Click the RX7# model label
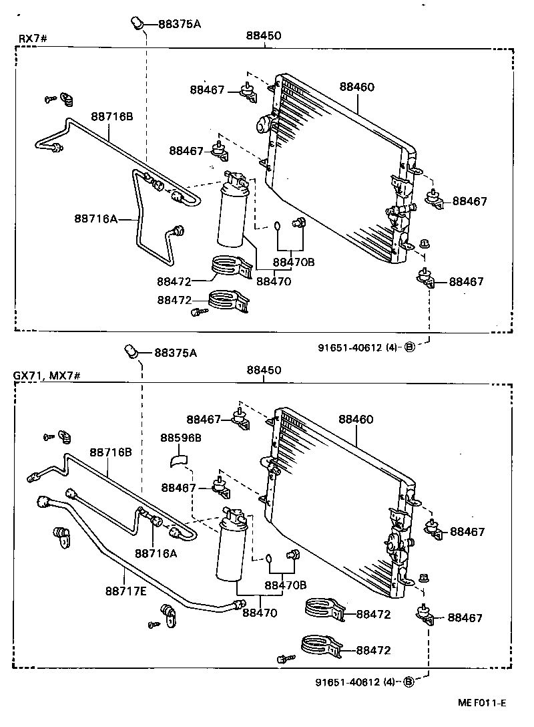[x=31, y=38]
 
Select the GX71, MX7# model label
[x=47, y=376]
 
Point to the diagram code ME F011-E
[x=482, y=703]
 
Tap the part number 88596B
[x=180, y=437]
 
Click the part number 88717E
[x=125, y=591]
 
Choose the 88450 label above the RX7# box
[x=264, y=35]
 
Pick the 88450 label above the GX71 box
[x=264, y=370]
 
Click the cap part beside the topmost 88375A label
[x=136, y=24]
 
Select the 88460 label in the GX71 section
[x=356, y=420]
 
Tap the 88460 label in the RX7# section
[x=356, y=87]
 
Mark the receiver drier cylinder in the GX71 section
[x=230, y=548]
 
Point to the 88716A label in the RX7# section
[x=95, y=218]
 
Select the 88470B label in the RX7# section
[x=293, y=262]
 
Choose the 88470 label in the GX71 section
[x=260, y=612]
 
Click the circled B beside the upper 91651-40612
[x=409, y=347]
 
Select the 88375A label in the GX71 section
[x=176, y=353]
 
